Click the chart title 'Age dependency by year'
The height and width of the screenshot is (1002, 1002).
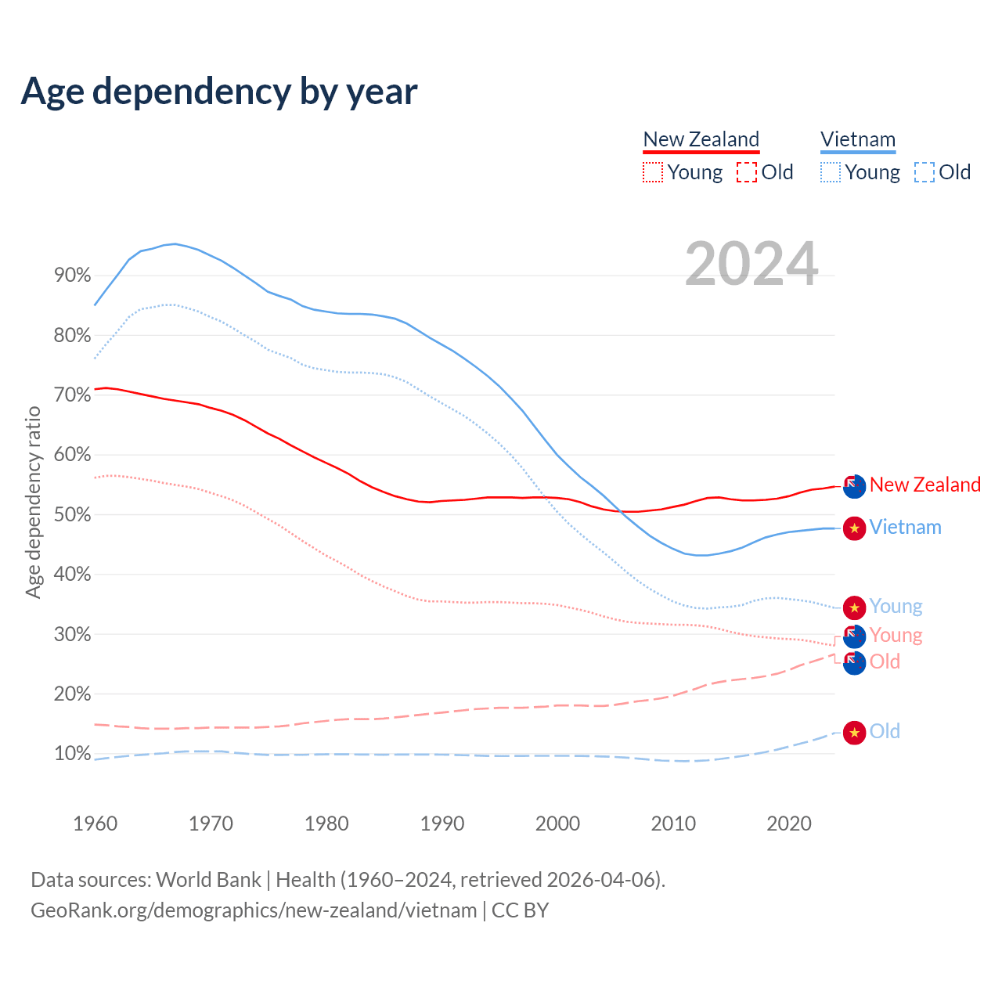pyautogui.click(x=219, y=92)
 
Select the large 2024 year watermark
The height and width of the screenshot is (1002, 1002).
pyautogui.click(x=751, y=264)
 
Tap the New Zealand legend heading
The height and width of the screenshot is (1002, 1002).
pyautogui.click(x=701, y=140)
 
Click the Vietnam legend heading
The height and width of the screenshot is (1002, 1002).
pyautogui.click(x=858, y=140)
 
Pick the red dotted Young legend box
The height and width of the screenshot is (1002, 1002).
pyautogui.click(x=653, y=172)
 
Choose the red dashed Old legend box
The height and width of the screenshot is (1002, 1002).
pyautogui.click(x=747, y=172)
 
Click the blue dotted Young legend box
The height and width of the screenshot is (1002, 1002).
pyautogui.click(x=831, y=172)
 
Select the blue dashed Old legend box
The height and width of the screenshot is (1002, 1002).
pyautogui.click(x=925, y=172)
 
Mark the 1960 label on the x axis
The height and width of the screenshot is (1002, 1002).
pyautogui.click(x=95, y=824)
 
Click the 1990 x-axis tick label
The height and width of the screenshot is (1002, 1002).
pyautogui.click(x=442, y=824)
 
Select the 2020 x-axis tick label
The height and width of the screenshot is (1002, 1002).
pyautogui.click(x=789, y=824)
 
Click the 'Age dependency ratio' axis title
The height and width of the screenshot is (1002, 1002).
pyautogui.click(x=33, y=502)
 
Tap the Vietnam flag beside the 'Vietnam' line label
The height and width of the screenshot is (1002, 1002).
pyautogui.click(x=854, y=528)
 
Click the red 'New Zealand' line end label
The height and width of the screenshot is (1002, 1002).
pyautogui.click(x=925, y=485)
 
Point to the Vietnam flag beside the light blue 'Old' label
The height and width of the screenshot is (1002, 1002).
pyautogui.click(x=854, y=733)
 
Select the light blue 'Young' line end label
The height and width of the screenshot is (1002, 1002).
pyautogui.click(x=896, y=607)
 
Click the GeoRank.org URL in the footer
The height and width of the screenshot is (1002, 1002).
pyautogui.click(x=254, y=910)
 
